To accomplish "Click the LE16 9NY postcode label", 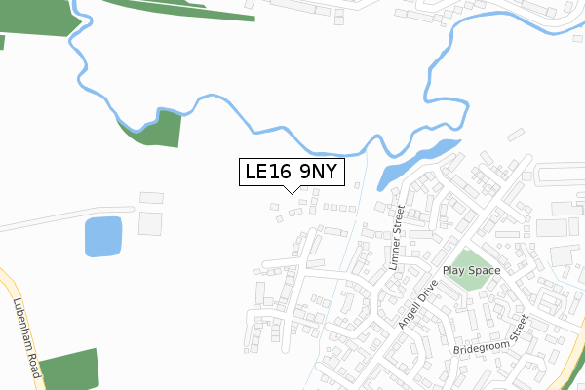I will [292, 173].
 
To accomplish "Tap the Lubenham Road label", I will [25, 331].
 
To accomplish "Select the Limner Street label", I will [395, 237].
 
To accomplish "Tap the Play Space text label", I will [471, 270].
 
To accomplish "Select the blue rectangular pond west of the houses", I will [103, 236].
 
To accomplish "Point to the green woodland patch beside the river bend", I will [158, 129].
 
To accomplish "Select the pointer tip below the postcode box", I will [292, 191].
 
